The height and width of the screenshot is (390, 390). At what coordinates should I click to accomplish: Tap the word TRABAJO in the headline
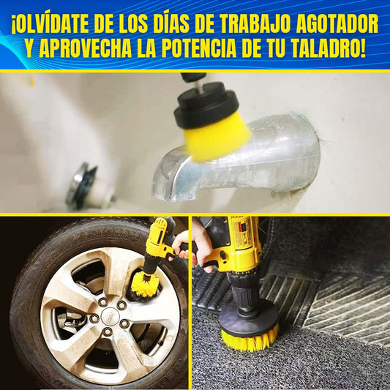click(255, 24)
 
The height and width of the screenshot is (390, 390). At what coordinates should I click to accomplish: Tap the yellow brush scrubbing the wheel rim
click(145, 284)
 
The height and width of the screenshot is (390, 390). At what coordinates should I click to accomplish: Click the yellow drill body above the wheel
click(160, 239)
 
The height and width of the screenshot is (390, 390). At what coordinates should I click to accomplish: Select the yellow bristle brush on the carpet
click(250, 339)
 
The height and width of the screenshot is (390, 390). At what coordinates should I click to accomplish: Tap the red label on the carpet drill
click(241, 228)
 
